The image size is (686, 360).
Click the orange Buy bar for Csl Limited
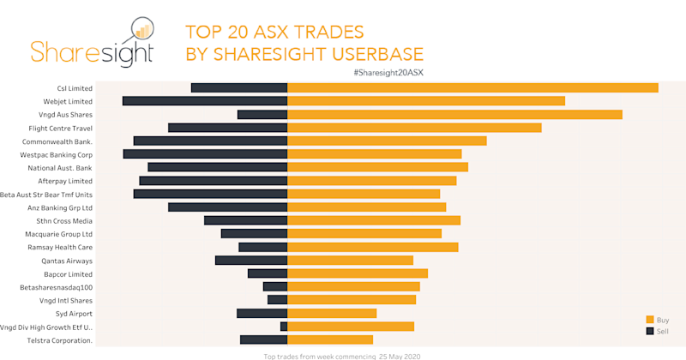tap(472, 87)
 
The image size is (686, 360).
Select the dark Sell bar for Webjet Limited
tap(205, 101)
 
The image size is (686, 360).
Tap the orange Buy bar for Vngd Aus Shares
tap(454, 114)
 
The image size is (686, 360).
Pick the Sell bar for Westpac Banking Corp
tap(205, 154)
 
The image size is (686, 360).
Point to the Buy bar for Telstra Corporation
tap(330, 340)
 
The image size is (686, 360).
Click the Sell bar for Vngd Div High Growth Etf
tap(284, 327)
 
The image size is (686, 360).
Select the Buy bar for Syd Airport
tap(332, 314)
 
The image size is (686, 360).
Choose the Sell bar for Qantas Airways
tap(251, 261)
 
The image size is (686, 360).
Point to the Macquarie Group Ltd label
tap(58, 234)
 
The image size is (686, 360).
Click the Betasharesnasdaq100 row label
tap(55, 287)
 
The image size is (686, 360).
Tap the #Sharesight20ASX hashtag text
tap(388, 73)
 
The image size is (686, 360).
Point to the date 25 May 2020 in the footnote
tap(400, 356)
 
